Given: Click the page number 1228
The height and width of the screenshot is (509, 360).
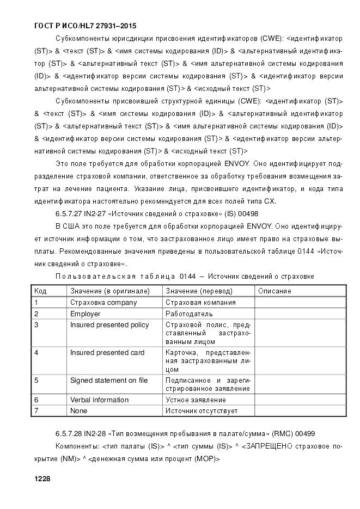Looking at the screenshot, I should pyautogui.click(x=42, y=479).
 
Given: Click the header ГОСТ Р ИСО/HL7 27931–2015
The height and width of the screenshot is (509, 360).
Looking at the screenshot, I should pyautogui.click(x=85, y=26).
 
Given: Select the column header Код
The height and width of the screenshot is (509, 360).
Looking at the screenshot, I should pyautogui.click(x=40, y=291).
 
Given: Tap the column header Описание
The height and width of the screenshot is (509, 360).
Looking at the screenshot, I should pyautogui.click(x=274, y=291).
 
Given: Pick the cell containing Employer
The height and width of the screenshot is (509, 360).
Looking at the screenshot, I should pyautogui.click(x=86, y=314).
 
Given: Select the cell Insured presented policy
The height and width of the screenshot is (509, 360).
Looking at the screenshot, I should pyautogui.click(x=109, y=325).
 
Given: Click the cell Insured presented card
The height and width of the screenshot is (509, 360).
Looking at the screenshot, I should pyautogui.click(x=107, y=353).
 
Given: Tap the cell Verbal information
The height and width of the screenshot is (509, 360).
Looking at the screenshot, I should pyautogui.click(x=99, y=400).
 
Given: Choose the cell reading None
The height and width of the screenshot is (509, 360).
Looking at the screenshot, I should pyautogui.click(x=79, y=411).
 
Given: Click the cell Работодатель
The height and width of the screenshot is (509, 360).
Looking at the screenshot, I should pyautogui.click(x=189, y=314).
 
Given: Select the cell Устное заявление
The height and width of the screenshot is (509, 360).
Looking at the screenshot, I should pyautogui.click(x=196, y=400).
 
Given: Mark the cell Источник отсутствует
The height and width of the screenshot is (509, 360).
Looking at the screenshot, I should pyautogui.click(x=202, y=411).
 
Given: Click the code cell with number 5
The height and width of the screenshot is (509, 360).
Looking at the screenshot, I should pyautogui.click(x=36, y=381).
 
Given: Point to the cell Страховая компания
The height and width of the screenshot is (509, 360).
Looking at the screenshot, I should pyautogui.click(x=200, y=303).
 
